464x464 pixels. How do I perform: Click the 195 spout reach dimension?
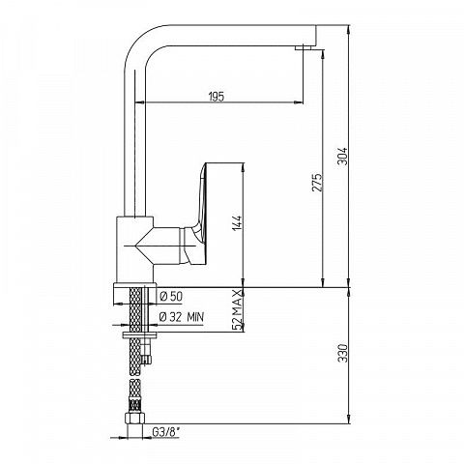tap(217, 96)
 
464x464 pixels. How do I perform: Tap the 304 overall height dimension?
tap(342, 156)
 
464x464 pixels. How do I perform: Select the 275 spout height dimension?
tap(317, 183)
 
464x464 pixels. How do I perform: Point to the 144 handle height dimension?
tap(237, 223)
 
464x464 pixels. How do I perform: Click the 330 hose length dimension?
tap(342, 353)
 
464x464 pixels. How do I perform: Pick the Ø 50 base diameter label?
tap(171, 297)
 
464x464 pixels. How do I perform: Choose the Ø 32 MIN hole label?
tap(182, 317)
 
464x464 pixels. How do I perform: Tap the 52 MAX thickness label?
tap(237, 309)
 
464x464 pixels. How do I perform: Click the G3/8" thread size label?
tap(165, 432)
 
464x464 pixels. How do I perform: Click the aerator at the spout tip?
tap(304, 48)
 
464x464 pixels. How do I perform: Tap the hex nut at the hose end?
tap(134, 419)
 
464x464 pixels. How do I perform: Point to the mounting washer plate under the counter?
tap(140, 335)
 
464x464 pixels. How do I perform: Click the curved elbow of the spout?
tap(141, 42)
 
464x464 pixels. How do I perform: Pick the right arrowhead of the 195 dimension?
tap(300, 102)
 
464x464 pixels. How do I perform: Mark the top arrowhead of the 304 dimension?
tap(349, 29)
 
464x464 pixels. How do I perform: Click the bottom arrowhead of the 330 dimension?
tap(349, 420)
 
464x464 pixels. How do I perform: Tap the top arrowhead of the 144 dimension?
tap(244, 167)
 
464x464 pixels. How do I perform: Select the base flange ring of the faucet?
tap(134, 294)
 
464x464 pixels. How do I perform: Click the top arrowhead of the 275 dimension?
tap(323, 54)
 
